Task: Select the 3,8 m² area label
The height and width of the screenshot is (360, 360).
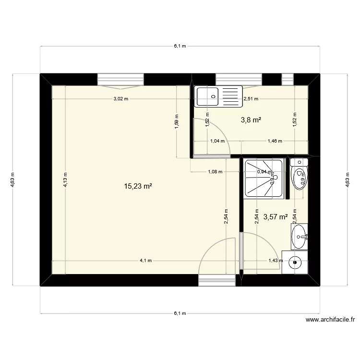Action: coord(251,120)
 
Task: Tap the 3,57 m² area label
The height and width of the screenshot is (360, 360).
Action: coord(275,217)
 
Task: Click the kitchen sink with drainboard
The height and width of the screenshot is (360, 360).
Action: coord(219,96)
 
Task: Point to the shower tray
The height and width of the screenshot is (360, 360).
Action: coord(264,178)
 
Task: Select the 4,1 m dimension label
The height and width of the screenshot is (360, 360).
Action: coord(145,261)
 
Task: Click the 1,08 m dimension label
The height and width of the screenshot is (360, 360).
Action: coord(215,171)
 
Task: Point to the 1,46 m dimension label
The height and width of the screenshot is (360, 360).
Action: coord(275,141)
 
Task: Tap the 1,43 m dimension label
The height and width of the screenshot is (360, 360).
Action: coord(272,261)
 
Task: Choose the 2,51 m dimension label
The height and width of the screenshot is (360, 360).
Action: coord(251,99)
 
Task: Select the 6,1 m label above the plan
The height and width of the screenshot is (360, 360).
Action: coord(180,46)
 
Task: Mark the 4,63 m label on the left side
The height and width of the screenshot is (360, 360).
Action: coord(12,181)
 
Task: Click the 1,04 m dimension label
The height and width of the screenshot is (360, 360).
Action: coord(217,141)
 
